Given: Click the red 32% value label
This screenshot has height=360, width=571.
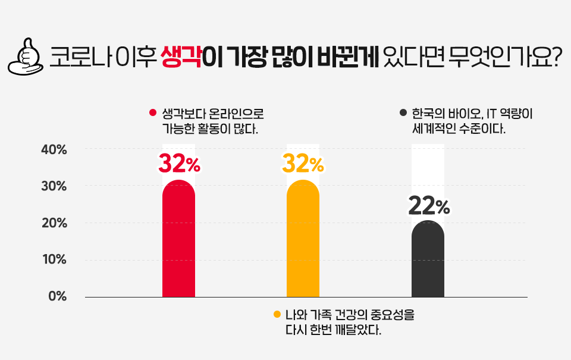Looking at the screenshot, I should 179,163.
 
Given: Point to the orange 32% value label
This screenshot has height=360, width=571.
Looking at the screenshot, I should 303,163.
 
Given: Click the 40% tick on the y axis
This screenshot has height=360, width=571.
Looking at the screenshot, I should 54,149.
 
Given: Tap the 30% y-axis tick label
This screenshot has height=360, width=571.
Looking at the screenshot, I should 54,186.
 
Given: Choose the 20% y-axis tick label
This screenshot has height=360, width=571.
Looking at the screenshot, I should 54,223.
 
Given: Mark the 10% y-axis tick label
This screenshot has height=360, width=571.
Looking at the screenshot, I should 54,260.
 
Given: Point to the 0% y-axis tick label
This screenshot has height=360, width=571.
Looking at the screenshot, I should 57,296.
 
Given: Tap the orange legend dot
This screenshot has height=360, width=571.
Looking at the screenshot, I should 277,315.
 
